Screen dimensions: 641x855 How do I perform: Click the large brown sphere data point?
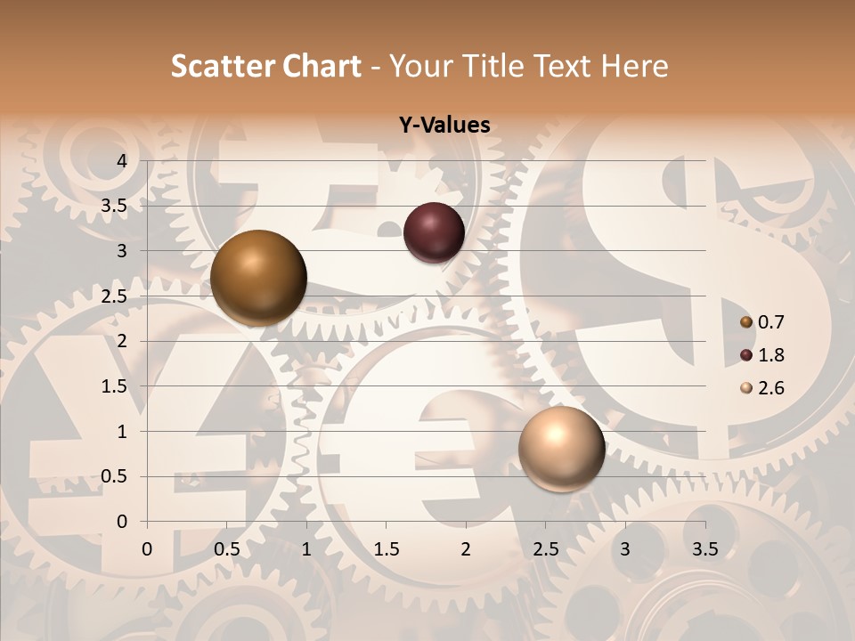(258, 278)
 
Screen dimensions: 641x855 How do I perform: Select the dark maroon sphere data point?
(434, 232)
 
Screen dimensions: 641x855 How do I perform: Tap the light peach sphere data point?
(561, 449)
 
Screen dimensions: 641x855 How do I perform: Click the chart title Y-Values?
(444, 126)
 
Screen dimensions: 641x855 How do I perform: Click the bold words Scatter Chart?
(266, 66)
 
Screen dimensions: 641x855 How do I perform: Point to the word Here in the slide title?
(634, 66)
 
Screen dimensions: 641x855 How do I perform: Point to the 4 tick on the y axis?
(122, 160)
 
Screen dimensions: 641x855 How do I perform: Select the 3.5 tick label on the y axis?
(115, 206)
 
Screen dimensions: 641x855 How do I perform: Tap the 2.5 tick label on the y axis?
(115, 296)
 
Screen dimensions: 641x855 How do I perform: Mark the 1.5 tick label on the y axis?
(115, 386)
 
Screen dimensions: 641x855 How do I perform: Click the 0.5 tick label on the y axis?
(115, 476)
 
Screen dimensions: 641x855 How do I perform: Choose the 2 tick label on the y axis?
(122, 341)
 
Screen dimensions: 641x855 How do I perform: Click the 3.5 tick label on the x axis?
(705, 549)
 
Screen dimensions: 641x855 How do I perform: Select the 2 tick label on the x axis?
(466, 549)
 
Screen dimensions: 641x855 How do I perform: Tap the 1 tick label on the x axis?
(306, 549)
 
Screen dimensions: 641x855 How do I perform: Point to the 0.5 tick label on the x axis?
(227, 549)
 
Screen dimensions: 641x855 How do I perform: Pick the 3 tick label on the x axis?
(625, 549)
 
